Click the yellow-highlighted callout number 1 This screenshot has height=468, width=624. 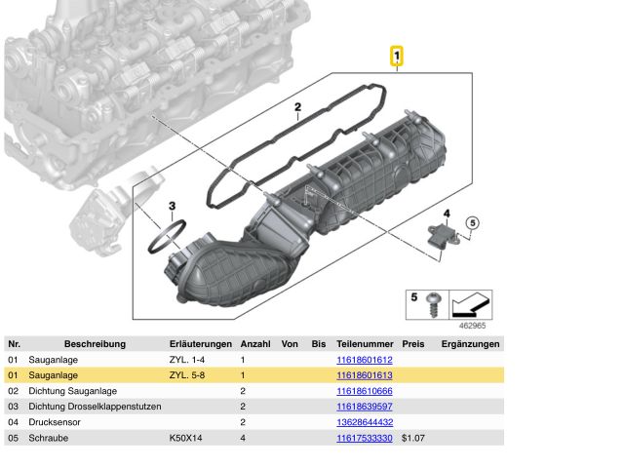397,57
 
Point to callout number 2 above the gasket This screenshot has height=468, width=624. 297,107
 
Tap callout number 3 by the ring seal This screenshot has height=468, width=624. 172,206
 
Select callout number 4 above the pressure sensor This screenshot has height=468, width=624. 447,214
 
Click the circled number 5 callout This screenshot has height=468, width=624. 472,223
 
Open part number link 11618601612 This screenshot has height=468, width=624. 365,360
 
